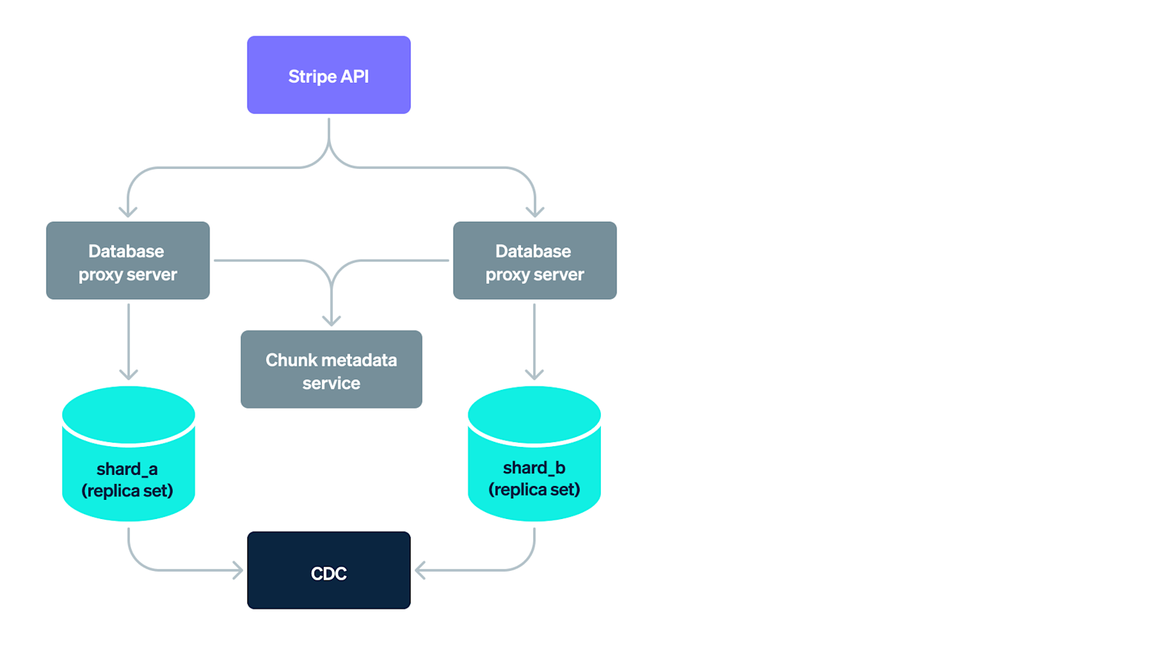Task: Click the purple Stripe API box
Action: (329, 75)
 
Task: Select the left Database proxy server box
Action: (128, 260)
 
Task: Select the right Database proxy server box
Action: (535, 260)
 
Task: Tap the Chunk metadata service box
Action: (331, 369)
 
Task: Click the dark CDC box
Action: (329, 570)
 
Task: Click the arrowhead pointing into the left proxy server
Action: (128, 212)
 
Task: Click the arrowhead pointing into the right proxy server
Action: (535, 212)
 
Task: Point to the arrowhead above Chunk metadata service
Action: (331, 321)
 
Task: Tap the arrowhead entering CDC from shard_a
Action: (238, 570)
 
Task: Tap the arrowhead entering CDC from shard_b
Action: (421, 570)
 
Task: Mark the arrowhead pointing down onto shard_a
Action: (128, 374)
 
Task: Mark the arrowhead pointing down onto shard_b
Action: (534, 374)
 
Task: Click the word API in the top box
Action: (354, 76)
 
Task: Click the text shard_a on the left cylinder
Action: (127, 469)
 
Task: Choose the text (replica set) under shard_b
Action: (534, 490)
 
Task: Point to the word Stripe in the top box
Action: (312, 76)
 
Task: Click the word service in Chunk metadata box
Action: (331, 384)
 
